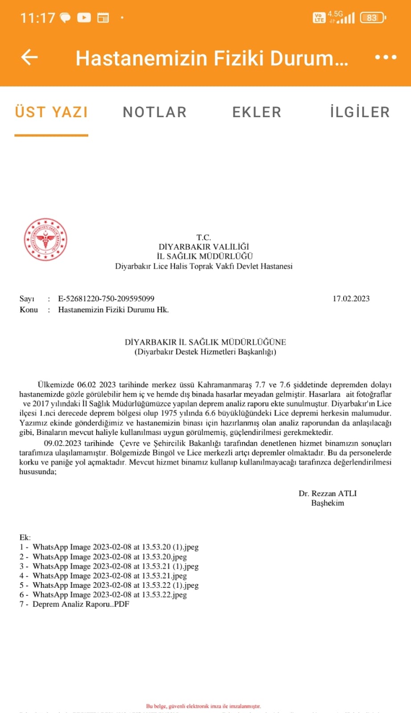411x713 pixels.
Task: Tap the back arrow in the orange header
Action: tap(29, 57)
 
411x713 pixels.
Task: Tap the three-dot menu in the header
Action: tap(386, 57)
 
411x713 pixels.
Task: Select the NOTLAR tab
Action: tap(155, 112)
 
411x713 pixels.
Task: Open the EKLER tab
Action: tap(257, 112)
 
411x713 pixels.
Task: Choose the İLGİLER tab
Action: tap(360, 112)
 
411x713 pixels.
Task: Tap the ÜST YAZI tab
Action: tap(51, 112)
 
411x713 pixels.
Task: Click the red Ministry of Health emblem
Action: tap(45, 239)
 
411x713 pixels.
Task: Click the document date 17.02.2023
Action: tap(351, 299)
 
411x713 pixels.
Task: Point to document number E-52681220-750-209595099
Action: tap(106, 299)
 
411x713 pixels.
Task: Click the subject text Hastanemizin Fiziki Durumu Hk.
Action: tap(113, 310)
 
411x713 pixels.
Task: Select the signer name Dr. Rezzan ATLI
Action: tap(328, 493)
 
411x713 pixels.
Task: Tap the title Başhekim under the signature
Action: tap(328, 503)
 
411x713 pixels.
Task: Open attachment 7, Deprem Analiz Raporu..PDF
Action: tap(81, 604)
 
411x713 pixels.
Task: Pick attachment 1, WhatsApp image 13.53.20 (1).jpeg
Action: tap(115, 547)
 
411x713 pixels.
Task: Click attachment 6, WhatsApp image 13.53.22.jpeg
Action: tap(110, 594)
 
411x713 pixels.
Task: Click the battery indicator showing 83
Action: tap(372, 18)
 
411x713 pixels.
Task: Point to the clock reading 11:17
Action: tap(37, 18)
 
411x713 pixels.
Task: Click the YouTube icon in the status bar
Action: tap(84, 18)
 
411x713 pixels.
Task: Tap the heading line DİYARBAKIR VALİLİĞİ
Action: tap(204, 246)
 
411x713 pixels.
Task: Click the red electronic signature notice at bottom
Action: tap(203, 706)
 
